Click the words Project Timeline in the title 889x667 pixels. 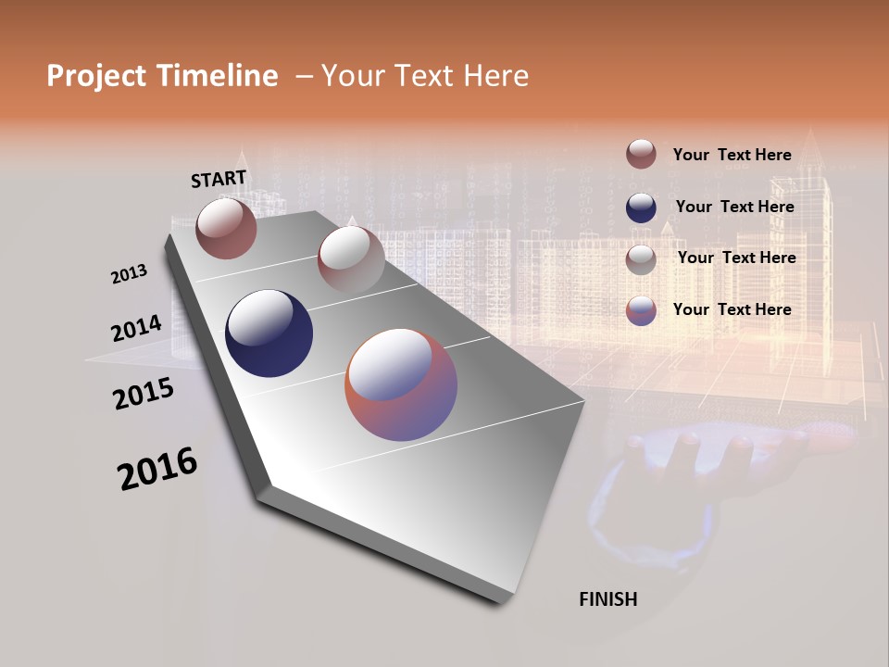pos(162,76)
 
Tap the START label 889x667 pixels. pos(219,179)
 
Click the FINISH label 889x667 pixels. pos(608,599)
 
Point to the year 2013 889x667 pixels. pos(129,274)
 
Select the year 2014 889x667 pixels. pos(136,328)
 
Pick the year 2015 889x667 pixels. pos(144,394)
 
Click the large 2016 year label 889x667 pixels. pos(157,469)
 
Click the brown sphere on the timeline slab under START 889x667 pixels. pos(226,228)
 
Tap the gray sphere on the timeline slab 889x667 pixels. pos(351,259)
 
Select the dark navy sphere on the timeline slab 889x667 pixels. pos(269,333)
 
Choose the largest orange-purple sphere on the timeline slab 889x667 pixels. pos(401,384)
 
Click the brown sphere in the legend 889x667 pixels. pos(641,154)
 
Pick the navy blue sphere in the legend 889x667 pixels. pos(641,208)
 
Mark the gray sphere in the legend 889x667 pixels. pos(641,259)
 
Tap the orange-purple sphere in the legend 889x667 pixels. pos(641,310)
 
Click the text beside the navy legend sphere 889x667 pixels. pos(734,207)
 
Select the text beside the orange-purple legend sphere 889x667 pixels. pos(732,309)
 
